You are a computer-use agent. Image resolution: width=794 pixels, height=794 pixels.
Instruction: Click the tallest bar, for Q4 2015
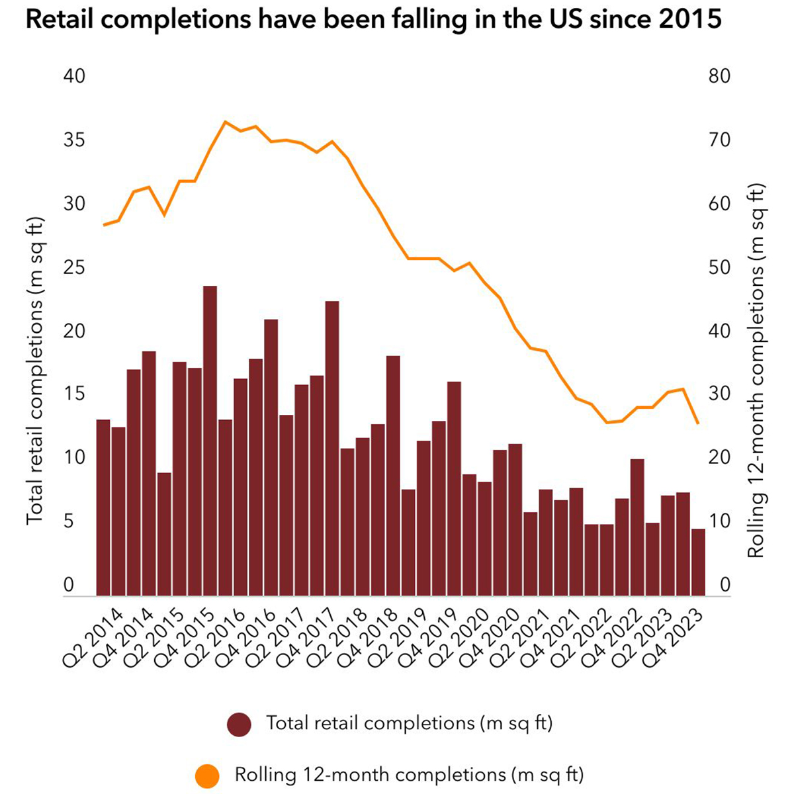tap(210, 441)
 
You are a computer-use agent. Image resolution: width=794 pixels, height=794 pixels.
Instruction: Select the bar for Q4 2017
tap(332, 449)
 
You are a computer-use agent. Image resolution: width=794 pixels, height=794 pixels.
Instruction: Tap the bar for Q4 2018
tap(393, 476)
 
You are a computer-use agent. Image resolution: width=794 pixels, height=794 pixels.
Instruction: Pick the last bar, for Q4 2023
tap(698, 562)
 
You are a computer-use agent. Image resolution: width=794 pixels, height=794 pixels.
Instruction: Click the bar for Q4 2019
tap(454, 488)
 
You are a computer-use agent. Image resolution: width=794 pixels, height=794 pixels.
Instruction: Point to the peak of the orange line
tap(225, 122)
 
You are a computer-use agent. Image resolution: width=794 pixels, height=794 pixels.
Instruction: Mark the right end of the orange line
tap(698, 423)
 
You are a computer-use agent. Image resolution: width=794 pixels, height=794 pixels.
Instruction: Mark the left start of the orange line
tap(104, 225)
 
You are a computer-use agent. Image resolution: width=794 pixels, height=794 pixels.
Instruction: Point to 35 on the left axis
tap(74, 140)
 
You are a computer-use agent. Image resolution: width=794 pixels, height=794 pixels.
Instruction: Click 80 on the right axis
tap(719, 76)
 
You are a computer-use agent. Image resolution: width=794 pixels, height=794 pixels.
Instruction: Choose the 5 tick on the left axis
tap(68, 521)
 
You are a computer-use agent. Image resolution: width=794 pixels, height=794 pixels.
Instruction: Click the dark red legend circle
tap(239, 725)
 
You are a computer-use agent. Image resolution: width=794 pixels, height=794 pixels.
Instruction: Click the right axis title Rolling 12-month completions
tap(756, 371)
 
